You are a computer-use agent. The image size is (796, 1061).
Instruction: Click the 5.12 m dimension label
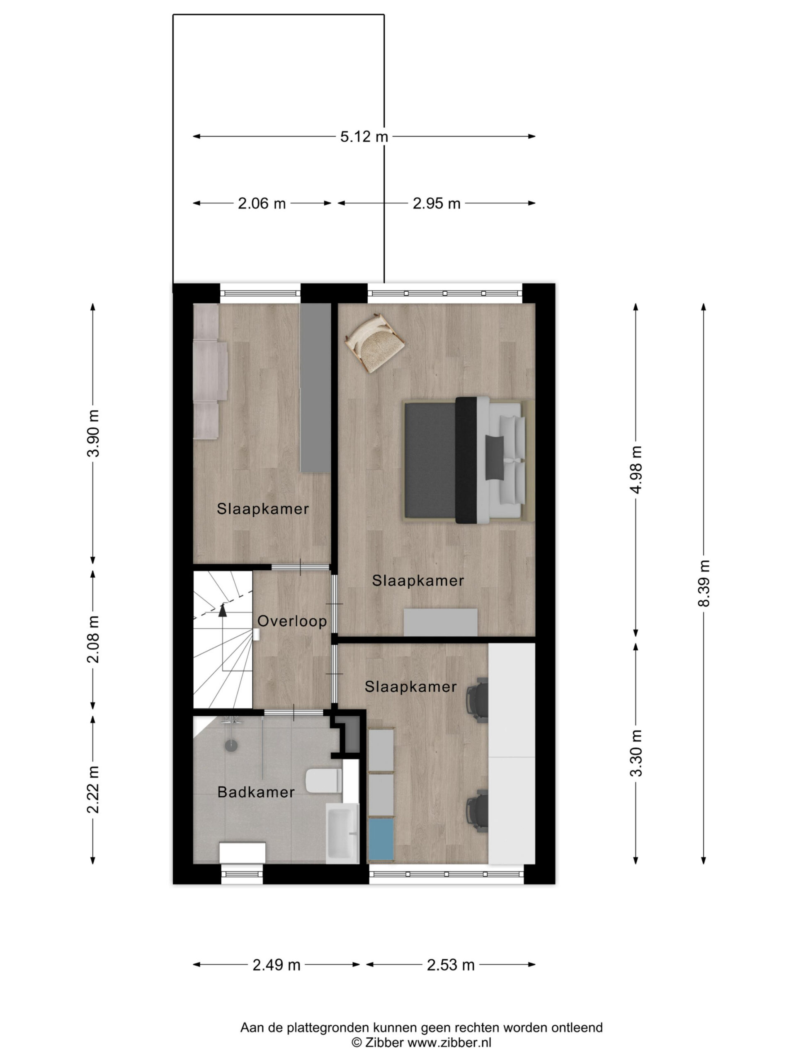point(364,137)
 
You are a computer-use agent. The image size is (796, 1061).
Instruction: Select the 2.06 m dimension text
point(262,203)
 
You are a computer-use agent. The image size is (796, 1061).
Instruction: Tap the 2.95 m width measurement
point(436,203)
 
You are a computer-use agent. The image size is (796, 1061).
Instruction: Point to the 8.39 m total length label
point(704,583)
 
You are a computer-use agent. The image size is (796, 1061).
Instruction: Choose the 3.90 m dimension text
point(93,433)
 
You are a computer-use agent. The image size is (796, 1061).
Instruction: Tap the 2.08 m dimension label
point(93,640)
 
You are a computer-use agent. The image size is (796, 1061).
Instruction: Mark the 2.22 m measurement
point(93,790)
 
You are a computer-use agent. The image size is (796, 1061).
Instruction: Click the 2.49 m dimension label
point(277,964)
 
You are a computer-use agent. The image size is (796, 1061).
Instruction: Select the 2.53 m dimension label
point(451,964)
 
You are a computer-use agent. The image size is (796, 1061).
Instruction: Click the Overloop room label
point(292,621)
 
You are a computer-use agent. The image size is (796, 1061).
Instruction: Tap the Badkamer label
point(256,792)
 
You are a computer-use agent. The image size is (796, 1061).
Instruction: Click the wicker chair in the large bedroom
point(375,342)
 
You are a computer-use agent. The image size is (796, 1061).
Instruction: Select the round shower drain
point(231,745)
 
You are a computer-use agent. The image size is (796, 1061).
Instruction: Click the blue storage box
point(381,839)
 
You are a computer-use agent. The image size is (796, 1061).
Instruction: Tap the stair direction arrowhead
point(222,610)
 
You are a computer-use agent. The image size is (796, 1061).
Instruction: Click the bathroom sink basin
point(342,833)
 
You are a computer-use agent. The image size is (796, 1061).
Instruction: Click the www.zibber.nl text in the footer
point(449,1042)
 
